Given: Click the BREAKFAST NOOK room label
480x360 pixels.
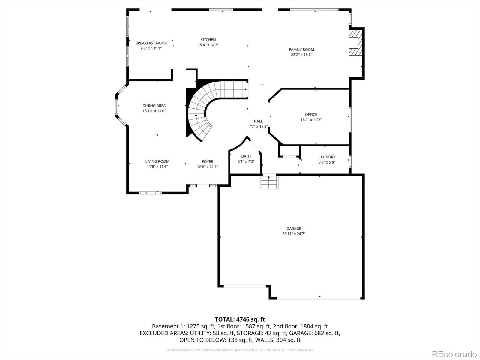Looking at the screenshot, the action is [151, 43].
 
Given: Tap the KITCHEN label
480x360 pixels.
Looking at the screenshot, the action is [208, 40].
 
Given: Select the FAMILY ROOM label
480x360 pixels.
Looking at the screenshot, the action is [301, 49].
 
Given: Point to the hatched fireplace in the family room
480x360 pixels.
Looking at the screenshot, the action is [355, 43].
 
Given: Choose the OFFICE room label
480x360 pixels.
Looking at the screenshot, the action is [311, 115].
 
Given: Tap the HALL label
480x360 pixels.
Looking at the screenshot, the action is [258, 121].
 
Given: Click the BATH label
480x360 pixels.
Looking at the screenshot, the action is [246, 156].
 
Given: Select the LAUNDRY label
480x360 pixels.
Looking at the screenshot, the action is [327, 157].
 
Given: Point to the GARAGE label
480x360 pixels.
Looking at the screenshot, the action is [294, 228].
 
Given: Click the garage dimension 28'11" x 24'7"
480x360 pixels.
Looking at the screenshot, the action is [294, 234].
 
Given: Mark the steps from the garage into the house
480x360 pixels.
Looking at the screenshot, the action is [269, 182].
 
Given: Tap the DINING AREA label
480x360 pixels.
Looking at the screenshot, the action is [154, 106].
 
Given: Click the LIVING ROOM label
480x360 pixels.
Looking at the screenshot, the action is [157, 161].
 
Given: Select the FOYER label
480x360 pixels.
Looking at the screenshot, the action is [208, 161].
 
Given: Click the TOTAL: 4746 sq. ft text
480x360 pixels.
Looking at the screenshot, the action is [240, 319].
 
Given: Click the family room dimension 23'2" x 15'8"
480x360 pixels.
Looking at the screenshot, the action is [301, 55].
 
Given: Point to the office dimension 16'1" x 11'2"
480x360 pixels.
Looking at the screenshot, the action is [311, 120].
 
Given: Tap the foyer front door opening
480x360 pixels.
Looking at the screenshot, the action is [203, 186].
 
